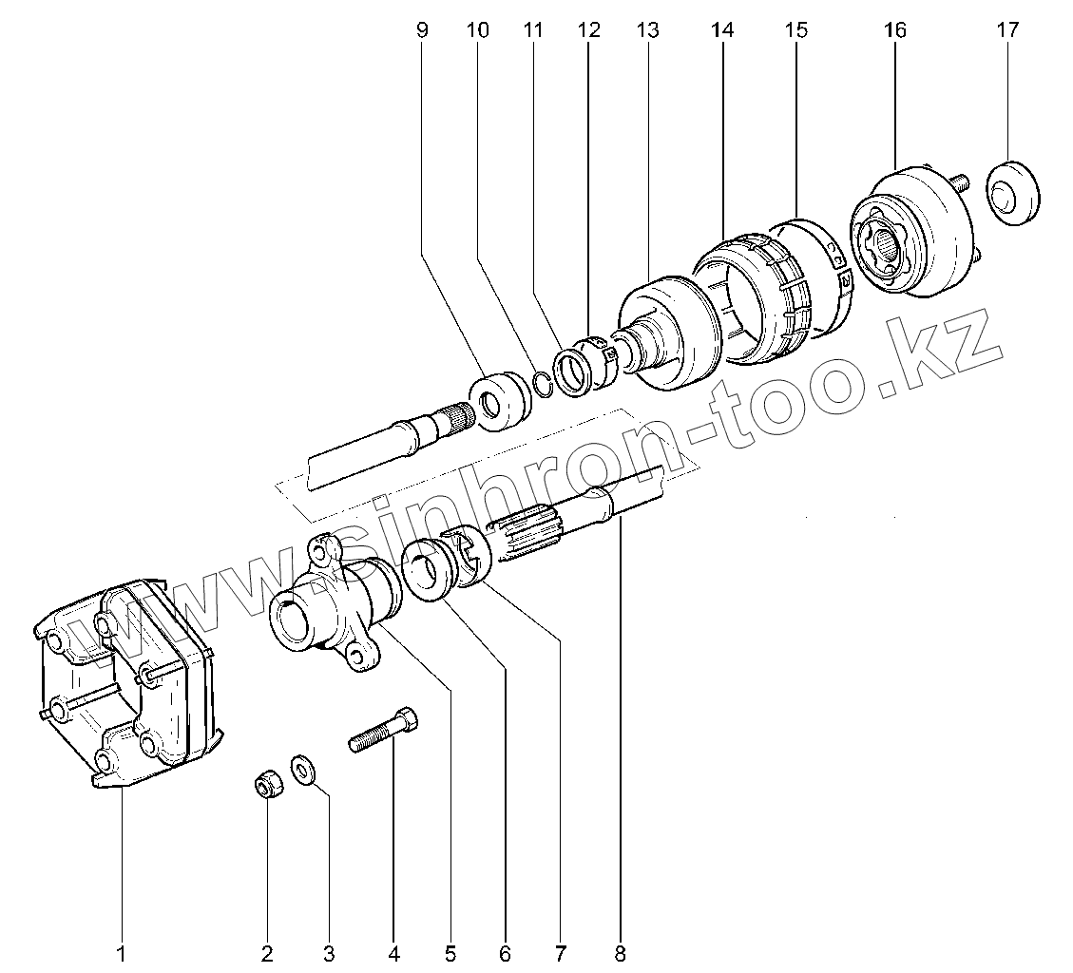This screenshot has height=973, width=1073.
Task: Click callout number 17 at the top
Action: [1007, 29]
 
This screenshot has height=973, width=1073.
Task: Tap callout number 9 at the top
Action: [423, 29]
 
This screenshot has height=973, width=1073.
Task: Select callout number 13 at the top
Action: [647, 29]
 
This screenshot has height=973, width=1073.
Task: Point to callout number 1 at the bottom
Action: [122, 951]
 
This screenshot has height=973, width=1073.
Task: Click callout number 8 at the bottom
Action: [621, 951]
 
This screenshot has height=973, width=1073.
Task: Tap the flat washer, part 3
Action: [303, 769]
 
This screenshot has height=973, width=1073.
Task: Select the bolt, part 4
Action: [385, 731]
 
